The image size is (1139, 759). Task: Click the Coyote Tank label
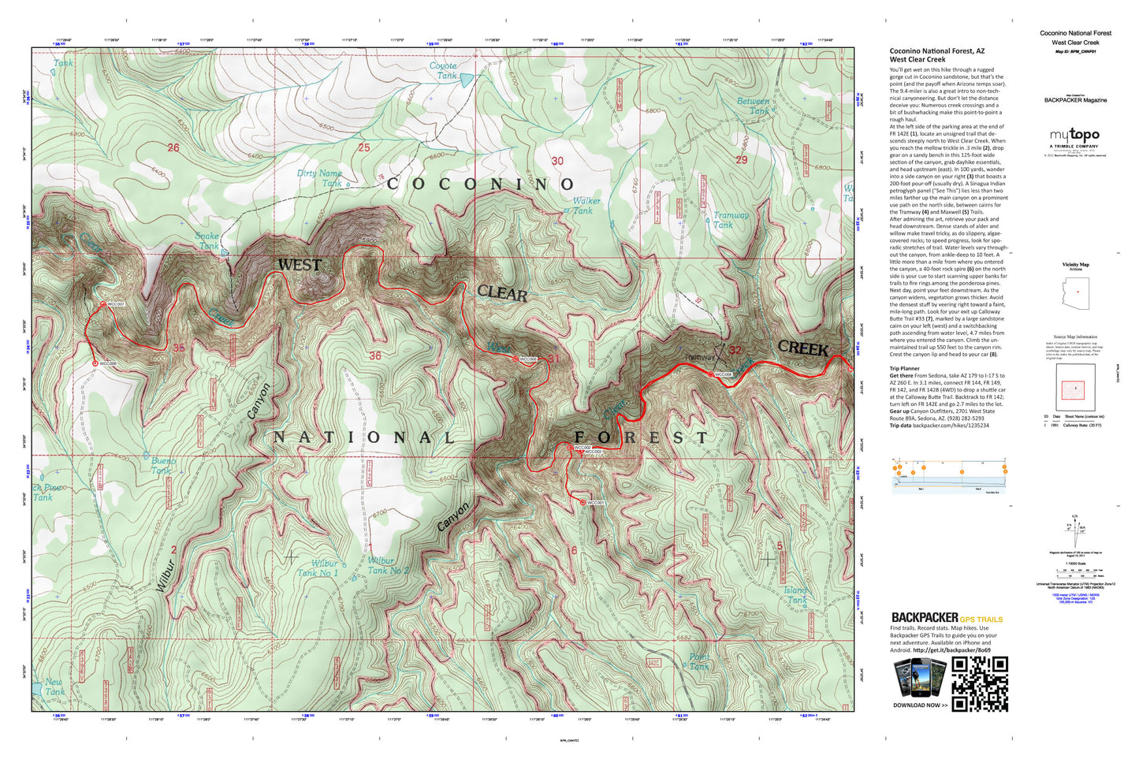click(x=443, y=71)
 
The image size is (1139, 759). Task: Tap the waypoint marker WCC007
click(x=103, y=304)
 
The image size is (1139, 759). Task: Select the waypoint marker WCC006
click(x=516, y=359)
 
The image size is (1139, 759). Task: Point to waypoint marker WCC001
click(x=583, y=502)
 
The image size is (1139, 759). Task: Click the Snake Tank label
click(x=207, y=240)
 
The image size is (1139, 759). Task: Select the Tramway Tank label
click(x=730, y=219)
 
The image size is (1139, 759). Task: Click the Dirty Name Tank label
click(x=320, y=178)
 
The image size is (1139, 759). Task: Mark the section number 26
click(x=173, y=147)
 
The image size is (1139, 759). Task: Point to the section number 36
click(x=375, y=355)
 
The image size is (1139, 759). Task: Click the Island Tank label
click(x=796, y=594)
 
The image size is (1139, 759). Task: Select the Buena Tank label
click(x=163, y=465)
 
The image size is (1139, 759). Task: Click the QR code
click(x=980, y=684)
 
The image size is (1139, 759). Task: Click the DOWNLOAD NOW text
click(x=920, y=705)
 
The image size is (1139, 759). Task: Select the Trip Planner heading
click(x=904, y=368)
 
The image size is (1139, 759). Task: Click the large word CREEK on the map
click(x=802, y=348)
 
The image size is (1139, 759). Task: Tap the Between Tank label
click(x=753, y=106)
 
